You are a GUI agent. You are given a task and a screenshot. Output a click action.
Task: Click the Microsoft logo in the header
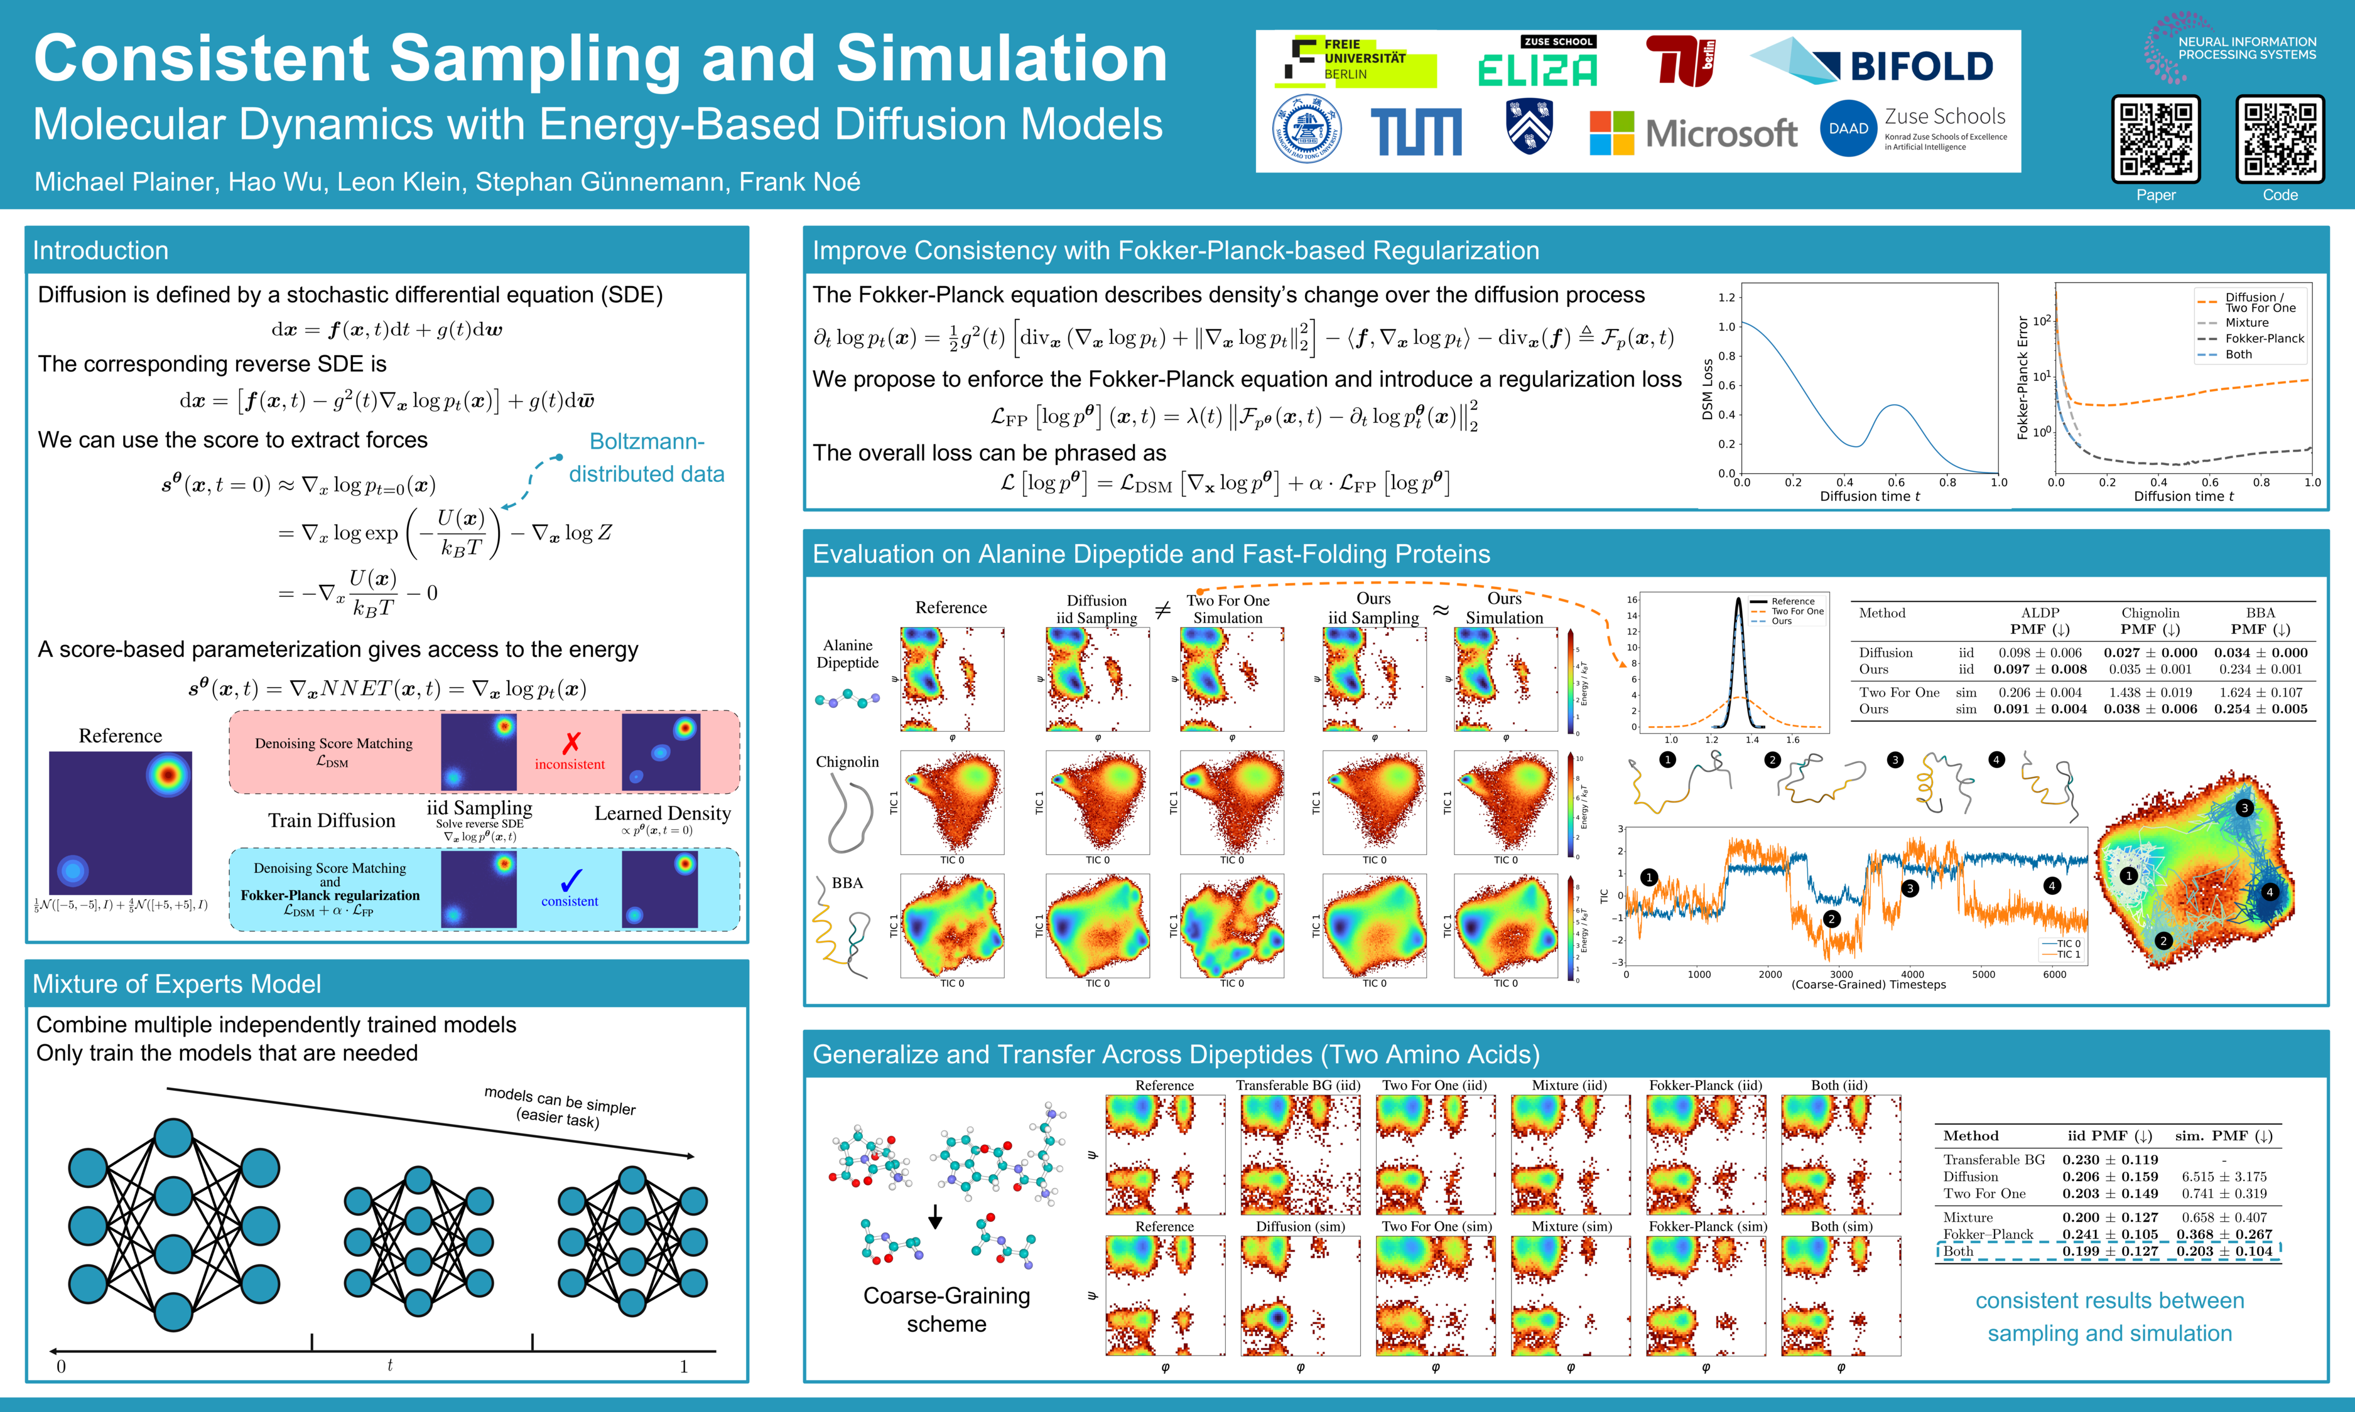coord(1692,133)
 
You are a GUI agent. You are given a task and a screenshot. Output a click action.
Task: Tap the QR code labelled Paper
coord(2155,139)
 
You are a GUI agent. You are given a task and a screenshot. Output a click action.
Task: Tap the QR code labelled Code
coord(2280,139)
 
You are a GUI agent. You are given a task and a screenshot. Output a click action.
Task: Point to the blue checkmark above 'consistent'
coord(570,880)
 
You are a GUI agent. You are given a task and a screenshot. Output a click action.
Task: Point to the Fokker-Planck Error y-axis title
coord(2023,378)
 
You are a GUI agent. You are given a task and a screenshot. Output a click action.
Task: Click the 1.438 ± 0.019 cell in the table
coord(2150,693)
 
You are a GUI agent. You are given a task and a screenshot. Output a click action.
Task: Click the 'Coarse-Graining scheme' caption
coord(946,1309)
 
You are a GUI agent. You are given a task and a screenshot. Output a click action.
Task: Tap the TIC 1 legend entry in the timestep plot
coord(2067,955)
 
